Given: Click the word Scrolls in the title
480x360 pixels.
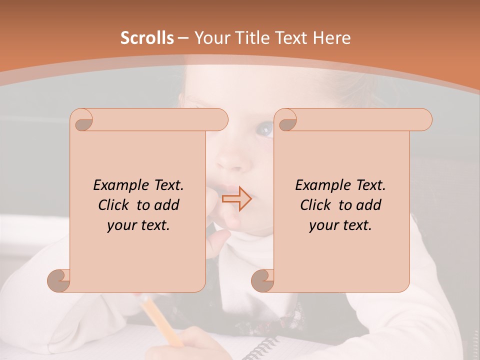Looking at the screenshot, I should (147, 38).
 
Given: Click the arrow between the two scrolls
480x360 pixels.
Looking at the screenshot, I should (236, 199).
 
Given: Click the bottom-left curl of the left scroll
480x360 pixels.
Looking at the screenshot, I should (59, 280).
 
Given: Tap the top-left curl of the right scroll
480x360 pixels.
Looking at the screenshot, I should (286, 120).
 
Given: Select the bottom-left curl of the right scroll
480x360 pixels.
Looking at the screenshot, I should (262, 280).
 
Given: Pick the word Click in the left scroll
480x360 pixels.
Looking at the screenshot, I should (116, 205).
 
